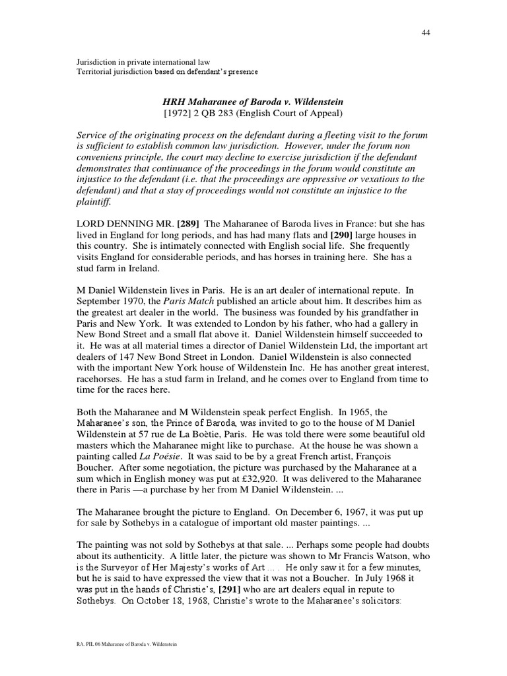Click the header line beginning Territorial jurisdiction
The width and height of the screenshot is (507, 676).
168,71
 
